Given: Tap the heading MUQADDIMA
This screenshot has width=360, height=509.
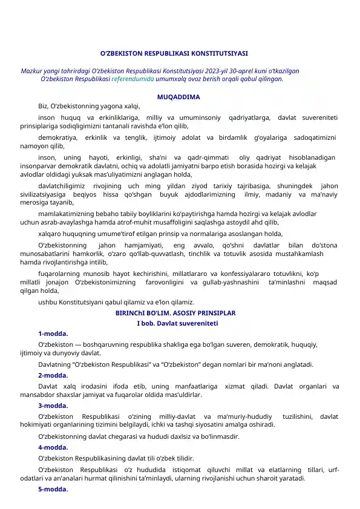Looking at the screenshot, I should tap(178, 97).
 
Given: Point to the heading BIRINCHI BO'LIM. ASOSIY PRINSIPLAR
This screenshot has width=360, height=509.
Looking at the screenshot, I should tap(175, 314).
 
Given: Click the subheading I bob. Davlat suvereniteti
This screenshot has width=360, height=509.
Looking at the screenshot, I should tap(177, 324).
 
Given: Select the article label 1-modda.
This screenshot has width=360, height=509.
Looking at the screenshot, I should tap(53, 333).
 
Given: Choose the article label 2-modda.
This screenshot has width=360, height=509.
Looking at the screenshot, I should tap(53, 375).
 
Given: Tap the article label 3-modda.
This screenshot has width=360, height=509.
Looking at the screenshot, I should tap(53, 406).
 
